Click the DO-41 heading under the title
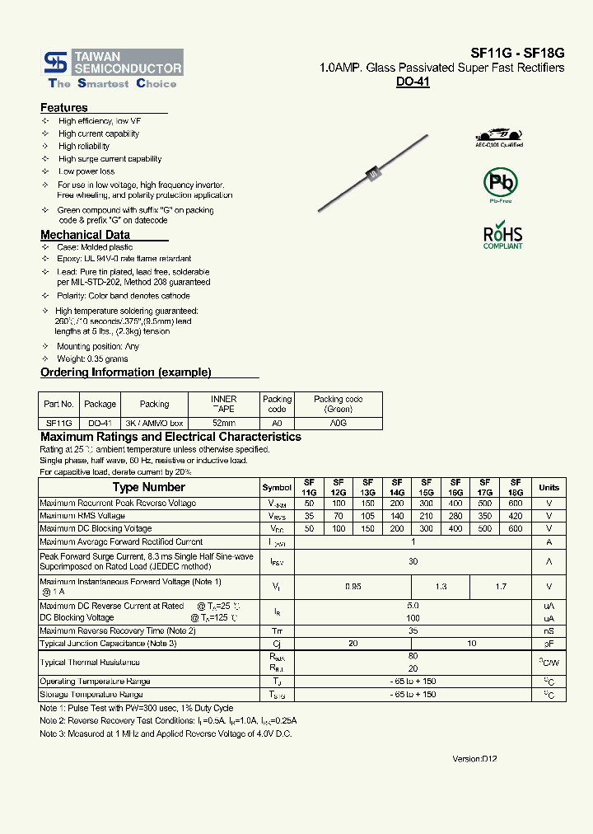click(x=413, y=82)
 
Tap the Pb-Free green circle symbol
click(x=500, y=182)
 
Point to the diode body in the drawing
click(x=372, y=175)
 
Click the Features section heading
click(x=64, y=108)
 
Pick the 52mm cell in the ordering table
click(x=223, y=423)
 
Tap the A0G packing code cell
click(x=338, y=423)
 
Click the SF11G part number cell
click(x=58, y=423)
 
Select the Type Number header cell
click(x=148, y=487)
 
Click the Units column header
click(x=549, y=487)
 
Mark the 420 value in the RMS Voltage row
click(x=516, y=516)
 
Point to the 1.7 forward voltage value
click(x=501, y=586)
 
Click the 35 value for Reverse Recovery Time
click(x=413, y=631)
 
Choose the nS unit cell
click(x=549, y=631)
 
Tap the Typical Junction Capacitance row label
click(x=108, y=644)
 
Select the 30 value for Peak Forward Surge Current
click(x=413, y=561)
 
